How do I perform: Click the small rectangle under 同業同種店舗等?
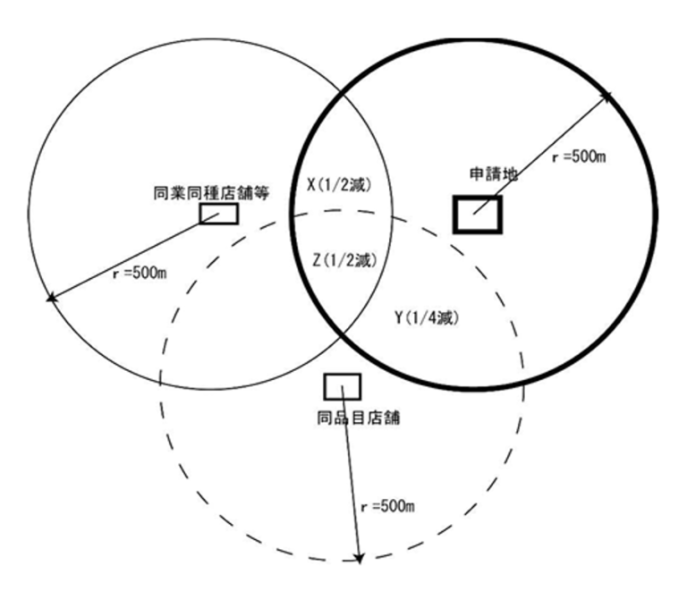click(218, 214)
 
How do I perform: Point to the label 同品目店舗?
click(352, 416)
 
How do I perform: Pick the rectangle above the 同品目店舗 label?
click(342, 386)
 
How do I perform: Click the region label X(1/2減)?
click(338, 184)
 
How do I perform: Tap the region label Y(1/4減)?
click(426, 317)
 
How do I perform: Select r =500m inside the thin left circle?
click(137, 272)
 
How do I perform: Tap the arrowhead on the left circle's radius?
click(51, 298)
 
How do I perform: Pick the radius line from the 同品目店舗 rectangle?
click(350, 474)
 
